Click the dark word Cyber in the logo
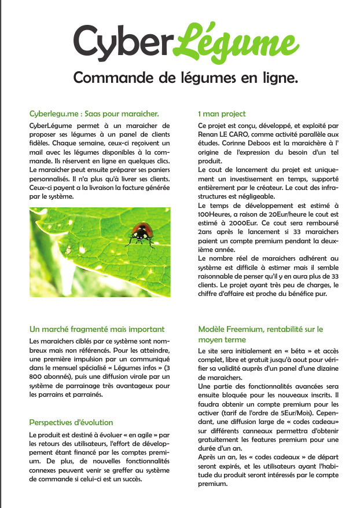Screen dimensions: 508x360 (x=123, y=41)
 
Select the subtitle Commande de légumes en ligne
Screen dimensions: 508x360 (x=185, y=78)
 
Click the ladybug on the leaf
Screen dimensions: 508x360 (x=141, y=231)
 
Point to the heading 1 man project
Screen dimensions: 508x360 (x=222, y=114)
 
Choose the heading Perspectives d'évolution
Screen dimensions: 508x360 (x=71, y=422)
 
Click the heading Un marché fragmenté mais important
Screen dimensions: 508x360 (x=97, y=329)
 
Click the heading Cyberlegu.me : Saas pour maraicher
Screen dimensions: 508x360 (x=94, y=114)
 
